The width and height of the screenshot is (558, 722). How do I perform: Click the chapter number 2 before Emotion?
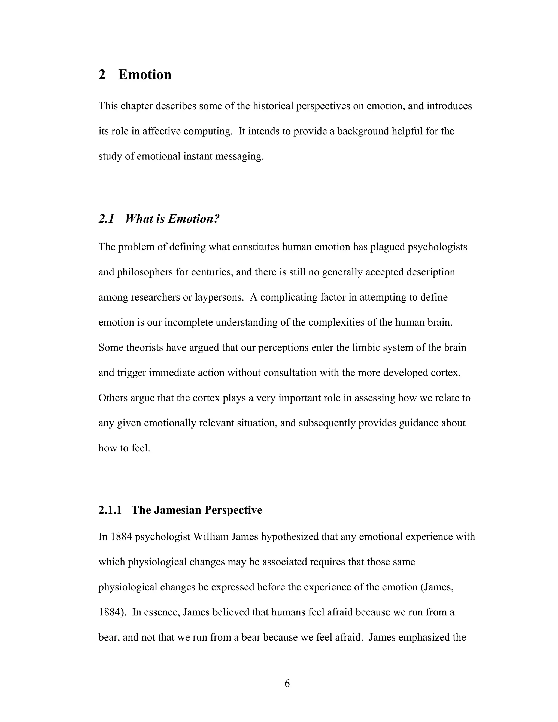point(102,75)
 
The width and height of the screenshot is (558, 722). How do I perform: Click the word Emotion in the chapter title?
point(145,75)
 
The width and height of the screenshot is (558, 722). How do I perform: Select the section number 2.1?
point(106,219)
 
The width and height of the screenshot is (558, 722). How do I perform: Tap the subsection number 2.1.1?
point(110,510)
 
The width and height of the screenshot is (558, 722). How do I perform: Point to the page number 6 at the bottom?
point(287,683)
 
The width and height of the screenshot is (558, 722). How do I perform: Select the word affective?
point(161,131)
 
